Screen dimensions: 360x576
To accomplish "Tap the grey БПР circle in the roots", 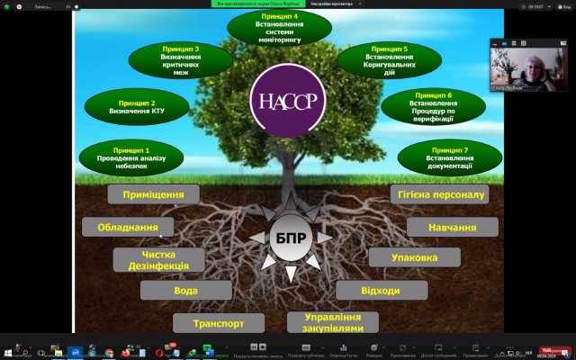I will tap(290, 238).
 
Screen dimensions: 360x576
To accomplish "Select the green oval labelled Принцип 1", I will tap(131, 157).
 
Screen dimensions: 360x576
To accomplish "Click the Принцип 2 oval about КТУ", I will tap(136, 107).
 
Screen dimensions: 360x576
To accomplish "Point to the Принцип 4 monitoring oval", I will tap(280, 26).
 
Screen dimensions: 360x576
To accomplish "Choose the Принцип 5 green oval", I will tap(389, 59).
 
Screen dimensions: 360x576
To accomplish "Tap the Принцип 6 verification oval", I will tap(434, 105).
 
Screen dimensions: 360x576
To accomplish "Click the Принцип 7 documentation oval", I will tap(447, 156).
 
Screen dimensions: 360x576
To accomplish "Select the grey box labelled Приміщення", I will tap(152, 193).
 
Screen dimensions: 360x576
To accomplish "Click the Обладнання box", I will tap(128, 227).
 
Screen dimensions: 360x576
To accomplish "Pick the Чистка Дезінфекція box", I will tap(159, 260).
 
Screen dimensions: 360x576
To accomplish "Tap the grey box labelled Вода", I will tap(185, 291).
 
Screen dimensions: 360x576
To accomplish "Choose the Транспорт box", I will tap(218, 322).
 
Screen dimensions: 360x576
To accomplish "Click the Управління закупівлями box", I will tap(333, 322).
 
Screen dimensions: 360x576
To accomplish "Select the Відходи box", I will tap(381, 290).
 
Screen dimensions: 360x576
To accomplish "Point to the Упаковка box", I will tap(415, 257).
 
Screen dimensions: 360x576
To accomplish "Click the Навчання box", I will tap(453, 227).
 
